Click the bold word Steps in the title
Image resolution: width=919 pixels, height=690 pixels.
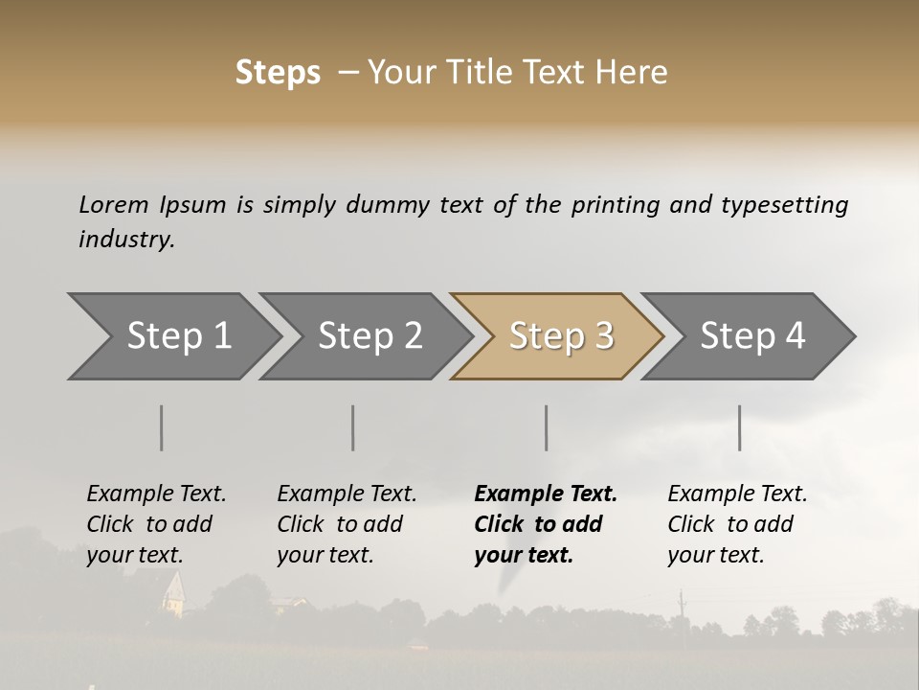point(278,73)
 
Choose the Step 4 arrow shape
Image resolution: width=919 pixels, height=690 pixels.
point(751,336)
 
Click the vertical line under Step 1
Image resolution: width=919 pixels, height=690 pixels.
point(162,427)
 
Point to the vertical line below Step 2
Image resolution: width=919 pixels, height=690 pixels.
point(353,427)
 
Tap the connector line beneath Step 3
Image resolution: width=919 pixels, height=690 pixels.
point(547,427)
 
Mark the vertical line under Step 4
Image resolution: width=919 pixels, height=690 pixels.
point(739,427)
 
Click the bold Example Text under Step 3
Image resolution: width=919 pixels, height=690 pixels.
point(546,494)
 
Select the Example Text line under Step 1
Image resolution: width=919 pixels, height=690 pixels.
point(156,494)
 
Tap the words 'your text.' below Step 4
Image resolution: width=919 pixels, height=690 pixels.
point(715,555)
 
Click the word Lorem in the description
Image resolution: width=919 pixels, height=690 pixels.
point(114,204)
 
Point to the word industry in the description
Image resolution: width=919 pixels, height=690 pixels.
point(126,239)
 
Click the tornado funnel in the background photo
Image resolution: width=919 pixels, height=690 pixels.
point(506,586)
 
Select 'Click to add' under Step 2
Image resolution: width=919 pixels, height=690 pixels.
point(340,524)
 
